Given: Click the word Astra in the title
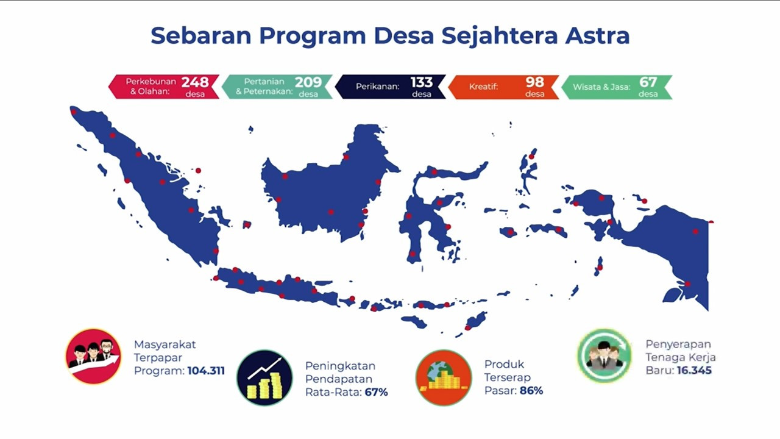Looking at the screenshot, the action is (597, 35).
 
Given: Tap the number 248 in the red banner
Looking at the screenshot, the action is (195, 82).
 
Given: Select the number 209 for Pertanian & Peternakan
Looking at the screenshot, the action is (308, 82).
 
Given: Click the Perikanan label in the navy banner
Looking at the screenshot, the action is (377, 87).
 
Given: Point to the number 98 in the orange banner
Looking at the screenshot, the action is (534, 82).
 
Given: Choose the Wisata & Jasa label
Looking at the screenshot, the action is (601, 87).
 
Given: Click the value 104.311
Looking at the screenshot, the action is (206, 371).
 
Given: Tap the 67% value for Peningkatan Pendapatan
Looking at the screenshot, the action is (376, 392).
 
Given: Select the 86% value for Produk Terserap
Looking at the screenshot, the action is (531, 391).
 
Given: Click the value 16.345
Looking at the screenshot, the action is (694, 370).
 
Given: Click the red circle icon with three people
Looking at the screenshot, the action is (93, 357).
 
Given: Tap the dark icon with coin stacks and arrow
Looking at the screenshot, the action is (264, 377).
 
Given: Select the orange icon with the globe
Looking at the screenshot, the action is (444, 377).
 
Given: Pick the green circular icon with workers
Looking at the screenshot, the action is (604, 355).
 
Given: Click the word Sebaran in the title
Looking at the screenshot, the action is (201, 35).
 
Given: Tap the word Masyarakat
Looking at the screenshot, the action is (165, 344).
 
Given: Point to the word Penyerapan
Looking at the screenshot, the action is (678, 344).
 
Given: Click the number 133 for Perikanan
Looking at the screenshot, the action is (421, 82).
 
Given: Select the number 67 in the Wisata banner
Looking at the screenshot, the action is (648, 82).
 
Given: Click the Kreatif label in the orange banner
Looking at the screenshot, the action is (483, 87).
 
